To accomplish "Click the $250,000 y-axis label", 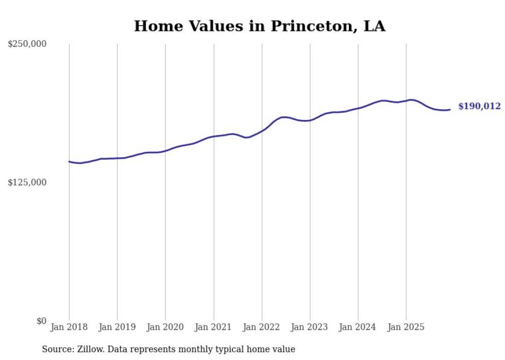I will pos(27,44).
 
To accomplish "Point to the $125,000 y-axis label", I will pos(27,182).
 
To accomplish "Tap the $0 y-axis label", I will pos(41,321).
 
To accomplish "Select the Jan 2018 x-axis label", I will pos(69,327).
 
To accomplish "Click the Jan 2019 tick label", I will pos(117,327).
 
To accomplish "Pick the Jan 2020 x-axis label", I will pos(165,327).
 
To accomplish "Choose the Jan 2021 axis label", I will pos(213,327).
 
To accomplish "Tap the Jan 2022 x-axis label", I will pos(262,327).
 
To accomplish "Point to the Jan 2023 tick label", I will pos(310,327).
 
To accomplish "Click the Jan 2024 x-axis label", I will pos(358,327).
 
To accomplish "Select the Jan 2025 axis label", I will pos(406,327).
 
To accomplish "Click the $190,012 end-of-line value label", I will pos(479,107).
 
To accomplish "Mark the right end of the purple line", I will pos(450,109).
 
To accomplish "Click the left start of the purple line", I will pos(69,161).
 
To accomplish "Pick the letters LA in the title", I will pos(374,26).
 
